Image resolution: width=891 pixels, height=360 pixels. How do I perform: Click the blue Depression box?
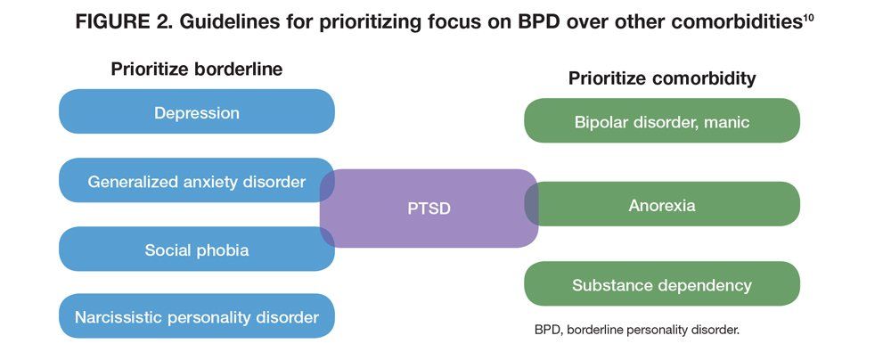pyautogui.click(x=197, y=111)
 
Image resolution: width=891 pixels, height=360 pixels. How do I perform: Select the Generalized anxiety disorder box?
pyautogui.click(x=197, y=180)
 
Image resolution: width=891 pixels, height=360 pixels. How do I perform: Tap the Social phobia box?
pyautogui.click(x=197, y=250)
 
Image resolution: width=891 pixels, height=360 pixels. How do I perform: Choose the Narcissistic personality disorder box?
pyautogui.click(x=197, y=316)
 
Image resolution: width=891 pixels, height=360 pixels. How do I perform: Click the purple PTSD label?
pyautogui.click(x=429, y=209)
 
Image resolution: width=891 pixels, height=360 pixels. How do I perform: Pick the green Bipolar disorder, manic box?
pyautogui.click(x=662, y=120)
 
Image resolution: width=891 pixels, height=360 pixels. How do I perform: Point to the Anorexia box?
pyautogui.click(x=662, y=204)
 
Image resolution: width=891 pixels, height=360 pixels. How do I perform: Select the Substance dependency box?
pyautogui.click(x=662, y=283)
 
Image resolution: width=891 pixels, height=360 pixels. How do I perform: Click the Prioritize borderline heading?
pyautogui.click(x=197, y=70)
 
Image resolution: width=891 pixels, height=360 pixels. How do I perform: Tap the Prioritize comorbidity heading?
pyautogui.click(x=662, y=78)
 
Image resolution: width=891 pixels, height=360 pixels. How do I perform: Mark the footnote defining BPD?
pyautogui.click(x=637, y=330)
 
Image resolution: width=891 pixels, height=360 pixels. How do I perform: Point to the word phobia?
pyautogui.click(x=221, y=250)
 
